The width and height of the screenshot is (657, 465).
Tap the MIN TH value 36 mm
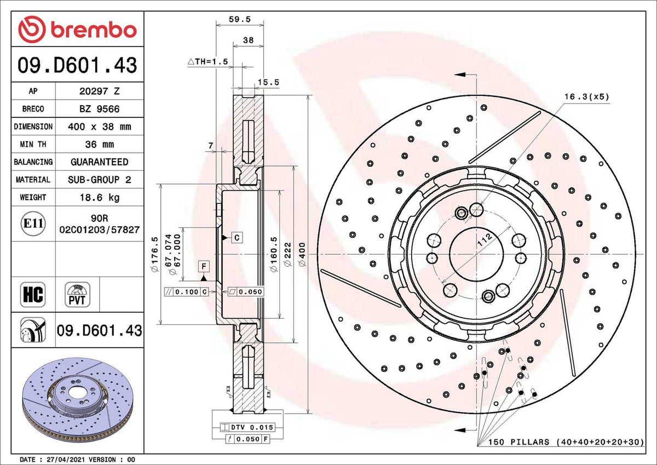click(x=99, y=145)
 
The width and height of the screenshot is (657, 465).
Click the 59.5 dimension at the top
click(x=239, y=19)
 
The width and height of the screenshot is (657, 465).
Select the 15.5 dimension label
click(x=268, y=82)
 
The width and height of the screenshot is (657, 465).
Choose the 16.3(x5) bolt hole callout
click(x=586, y=96)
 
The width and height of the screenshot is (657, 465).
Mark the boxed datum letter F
click(x=204, y=267)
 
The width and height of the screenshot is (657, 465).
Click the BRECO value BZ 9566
click(x=99, y=109)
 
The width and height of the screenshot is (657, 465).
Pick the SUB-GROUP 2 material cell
click(x=99, y=180)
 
